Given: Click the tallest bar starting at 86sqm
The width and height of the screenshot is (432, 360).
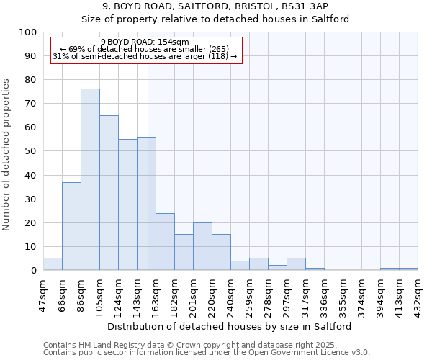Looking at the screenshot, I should click(x=90, y=179).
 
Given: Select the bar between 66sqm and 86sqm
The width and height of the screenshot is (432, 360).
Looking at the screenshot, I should click(x=71, y=226).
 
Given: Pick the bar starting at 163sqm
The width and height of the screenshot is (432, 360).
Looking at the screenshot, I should click(x=165, y=242).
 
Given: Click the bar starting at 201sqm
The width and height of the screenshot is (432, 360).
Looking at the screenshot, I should click(x=202, y=246).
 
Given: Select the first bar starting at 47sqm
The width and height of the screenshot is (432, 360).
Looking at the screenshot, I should click(x=53, y=264).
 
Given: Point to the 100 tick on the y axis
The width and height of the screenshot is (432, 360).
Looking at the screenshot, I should click(x=28, y=32).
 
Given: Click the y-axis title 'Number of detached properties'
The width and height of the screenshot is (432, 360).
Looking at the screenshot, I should click(x=7, y=155).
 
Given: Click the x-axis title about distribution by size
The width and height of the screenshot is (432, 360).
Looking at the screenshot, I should click(x=230, y=326).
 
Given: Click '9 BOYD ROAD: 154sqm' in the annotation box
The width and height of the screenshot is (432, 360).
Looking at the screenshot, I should click(x=145, y=42).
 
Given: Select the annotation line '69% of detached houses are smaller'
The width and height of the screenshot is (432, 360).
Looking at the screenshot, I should click(x=145, y=49).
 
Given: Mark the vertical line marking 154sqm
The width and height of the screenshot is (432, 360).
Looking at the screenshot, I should click(x=148, y=180).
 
